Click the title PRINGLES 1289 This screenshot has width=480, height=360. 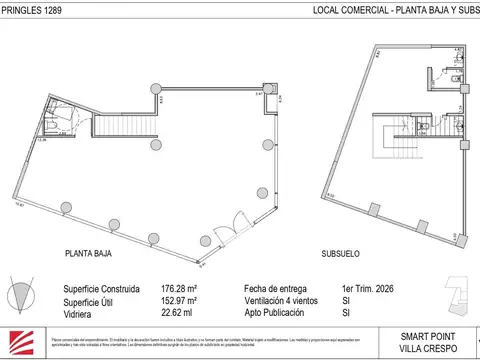[29, 11]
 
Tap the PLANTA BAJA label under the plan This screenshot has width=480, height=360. [88, 254]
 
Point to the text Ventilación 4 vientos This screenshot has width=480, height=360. [284, 299]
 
